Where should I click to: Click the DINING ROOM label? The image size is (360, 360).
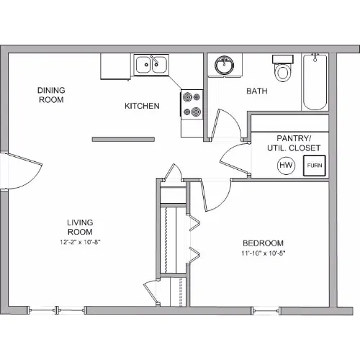coord(51,95)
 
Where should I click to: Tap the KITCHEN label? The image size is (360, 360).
coord(142,106)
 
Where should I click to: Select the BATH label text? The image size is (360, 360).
coord(257,91)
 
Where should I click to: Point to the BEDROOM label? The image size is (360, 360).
coord(263,243)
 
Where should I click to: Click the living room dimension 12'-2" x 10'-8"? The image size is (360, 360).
coord(80,242)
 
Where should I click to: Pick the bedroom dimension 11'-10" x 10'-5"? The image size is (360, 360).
coord(264,253)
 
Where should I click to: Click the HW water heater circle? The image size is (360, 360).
coord(286,165)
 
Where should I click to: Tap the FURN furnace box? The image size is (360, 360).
coord(315,166)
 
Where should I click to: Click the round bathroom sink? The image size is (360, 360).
coord(225,65)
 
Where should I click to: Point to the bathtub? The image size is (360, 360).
coord(315,81)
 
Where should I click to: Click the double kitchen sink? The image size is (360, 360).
coord(151,65)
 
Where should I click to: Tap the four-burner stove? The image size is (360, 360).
coord(192,104)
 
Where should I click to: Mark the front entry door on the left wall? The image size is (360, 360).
coord(24,170)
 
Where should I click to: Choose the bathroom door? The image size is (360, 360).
coord(226,125)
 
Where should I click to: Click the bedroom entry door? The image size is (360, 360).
coord(215,195)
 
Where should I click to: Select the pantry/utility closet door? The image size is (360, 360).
coord(235,159)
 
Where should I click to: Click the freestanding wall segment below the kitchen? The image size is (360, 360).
coord(123,139)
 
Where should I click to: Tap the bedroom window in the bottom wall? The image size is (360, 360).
coord(266,310)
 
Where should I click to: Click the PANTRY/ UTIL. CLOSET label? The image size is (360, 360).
coord(294,143)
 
